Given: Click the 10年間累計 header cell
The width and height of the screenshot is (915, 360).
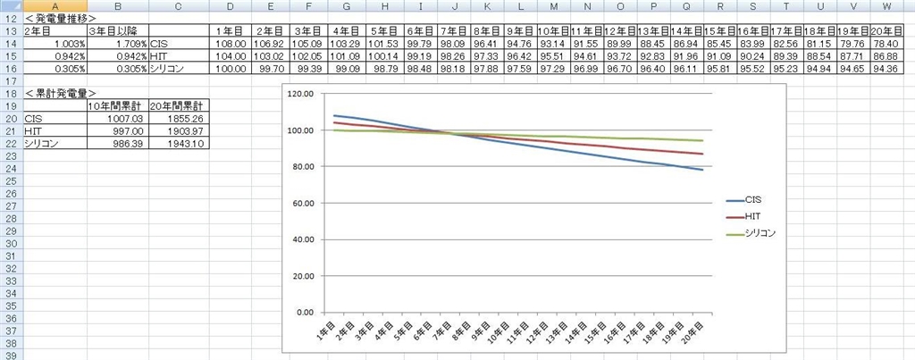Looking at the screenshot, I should (116, 105).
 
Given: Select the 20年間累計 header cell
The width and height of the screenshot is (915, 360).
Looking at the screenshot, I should (179, 105).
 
